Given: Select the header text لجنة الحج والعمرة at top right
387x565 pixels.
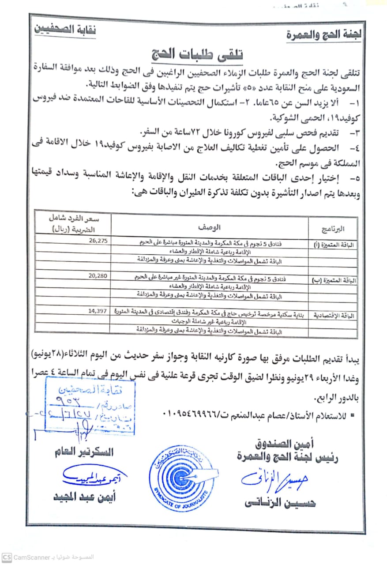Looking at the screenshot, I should click(x=323, y=35).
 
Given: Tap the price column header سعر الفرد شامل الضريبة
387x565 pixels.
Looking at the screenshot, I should click(x=74, y=224).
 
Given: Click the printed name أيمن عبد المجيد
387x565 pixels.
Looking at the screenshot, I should click(x=84, y=497).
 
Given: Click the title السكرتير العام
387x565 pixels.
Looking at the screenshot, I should click(x=83, y=452).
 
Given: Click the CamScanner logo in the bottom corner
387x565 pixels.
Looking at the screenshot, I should click(x=6, y=557).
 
